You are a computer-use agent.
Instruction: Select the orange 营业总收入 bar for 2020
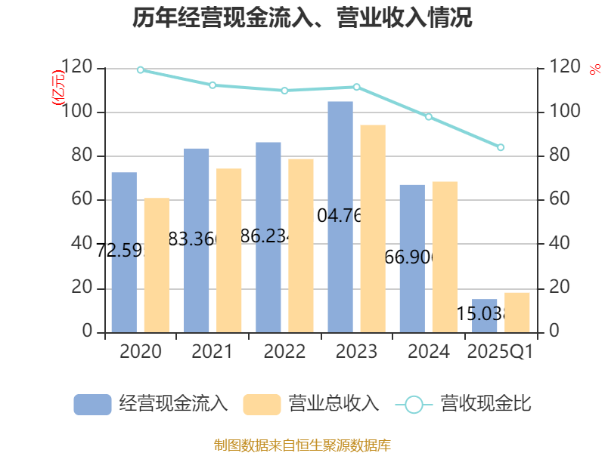click(157, 265)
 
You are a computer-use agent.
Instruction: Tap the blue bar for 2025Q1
click(485, 316)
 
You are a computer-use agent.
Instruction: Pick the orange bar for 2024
click(445, 257)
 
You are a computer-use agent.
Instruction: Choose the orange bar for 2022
click(301, 245)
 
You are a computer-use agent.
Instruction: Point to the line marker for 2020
click(141, 70)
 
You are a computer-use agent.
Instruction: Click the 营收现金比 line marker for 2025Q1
click(501, 147)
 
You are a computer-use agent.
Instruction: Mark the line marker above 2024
click(429, 117)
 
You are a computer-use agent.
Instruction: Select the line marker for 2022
click(284, 91)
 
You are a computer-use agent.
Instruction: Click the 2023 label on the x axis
click(356, 352)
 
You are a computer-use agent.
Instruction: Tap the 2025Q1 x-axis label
click(501, 352)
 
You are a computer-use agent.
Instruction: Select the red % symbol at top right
click(594, 70)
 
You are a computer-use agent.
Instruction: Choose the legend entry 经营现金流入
click(151, 404)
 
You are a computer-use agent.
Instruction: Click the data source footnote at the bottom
click(302, 445)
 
